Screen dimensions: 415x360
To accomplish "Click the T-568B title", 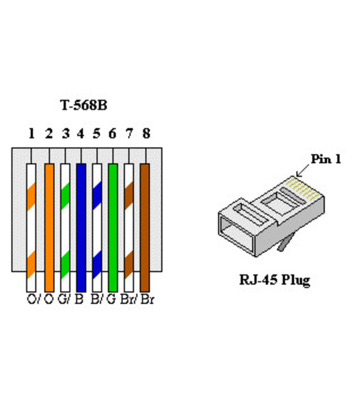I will (83, 105).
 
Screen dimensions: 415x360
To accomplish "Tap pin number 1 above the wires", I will (32, 133).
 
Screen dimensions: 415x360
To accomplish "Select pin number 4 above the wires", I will (80, 133).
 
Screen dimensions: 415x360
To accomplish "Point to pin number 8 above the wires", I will (146, 133).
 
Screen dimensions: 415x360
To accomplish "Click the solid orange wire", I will (49, 227).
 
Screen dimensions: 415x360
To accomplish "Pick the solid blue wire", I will (81, 227).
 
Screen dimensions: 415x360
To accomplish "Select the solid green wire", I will (113, 227).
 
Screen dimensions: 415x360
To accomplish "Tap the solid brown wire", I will (145, 227).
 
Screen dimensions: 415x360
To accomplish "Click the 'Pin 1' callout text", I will (326, 159).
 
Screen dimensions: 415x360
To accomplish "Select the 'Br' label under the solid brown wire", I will (147, 300).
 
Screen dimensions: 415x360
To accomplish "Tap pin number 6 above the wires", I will (112, 133).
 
